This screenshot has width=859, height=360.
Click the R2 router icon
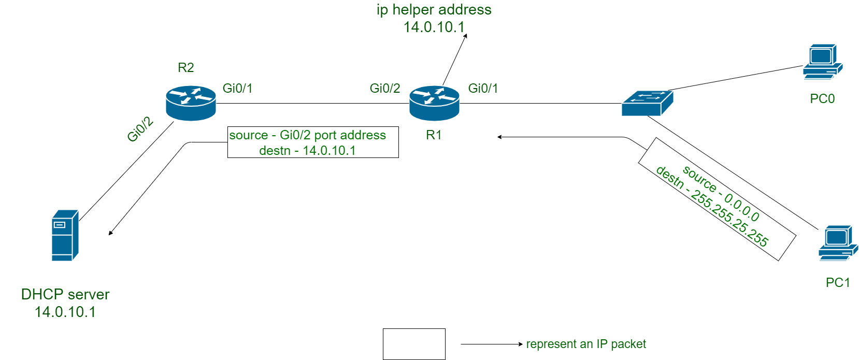coord(191,103)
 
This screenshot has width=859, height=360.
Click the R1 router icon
coord(434,103)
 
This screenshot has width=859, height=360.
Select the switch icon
coord(647,103)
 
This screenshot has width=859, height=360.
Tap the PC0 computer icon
coord(822,62)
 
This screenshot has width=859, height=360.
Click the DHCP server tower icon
coord(65,236)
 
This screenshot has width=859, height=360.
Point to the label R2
coord(185,67)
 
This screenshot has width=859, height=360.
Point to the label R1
coord(433,135)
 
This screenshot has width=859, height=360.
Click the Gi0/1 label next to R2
coord(237,88)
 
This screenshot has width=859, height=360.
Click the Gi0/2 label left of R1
coord(384,88)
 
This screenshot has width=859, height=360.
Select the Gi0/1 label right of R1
coord(483,88)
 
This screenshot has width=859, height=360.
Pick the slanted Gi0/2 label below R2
coord(140,129)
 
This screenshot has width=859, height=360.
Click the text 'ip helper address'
coord(434,10)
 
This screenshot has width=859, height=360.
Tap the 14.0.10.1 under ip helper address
coord(434,27)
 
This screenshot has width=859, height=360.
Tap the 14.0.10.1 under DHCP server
coord(65,312)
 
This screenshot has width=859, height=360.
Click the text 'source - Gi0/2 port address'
coord(308,135)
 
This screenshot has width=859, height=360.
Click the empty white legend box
coord(414,344)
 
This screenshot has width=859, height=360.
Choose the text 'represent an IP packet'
coord(586,344)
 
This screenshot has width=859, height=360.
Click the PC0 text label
coord(822,98)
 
